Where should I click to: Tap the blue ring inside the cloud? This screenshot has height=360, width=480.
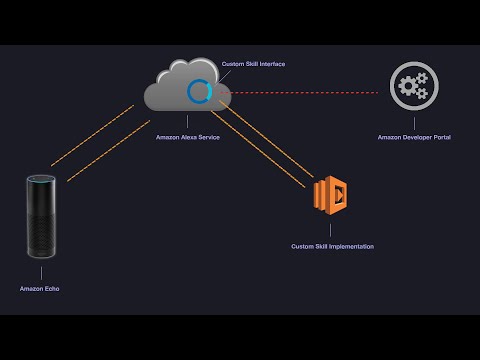click(x=199, y=91)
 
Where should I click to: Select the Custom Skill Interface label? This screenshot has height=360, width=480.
click(x=253, y=64)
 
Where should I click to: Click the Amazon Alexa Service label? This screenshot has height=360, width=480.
click(x=188, y=137)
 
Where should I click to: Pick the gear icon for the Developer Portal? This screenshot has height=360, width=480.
click(x=413, y=86)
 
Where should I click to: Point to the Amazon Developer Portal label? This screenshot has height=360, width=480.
click(x=414, y=137)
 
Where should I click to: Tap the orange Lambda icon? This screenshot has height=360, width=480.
click(x=331, y=196)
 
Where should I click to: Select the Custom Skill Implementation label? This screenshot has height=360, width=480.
click(x=332, y=246)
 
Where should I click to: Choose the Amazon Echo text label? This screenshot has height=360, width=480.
click(x=40, y=289)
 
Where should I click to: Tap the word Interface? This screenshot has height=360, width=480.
click(x=271, y=64)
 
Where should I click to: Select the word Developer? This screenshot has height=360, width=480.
click(x=413, y=137)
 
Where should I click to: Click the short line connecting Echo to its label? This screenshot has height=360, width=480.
click(x=41, y=271)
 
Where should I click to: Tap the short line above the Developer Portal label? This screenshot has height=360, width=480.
click(x=414, y=122)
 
